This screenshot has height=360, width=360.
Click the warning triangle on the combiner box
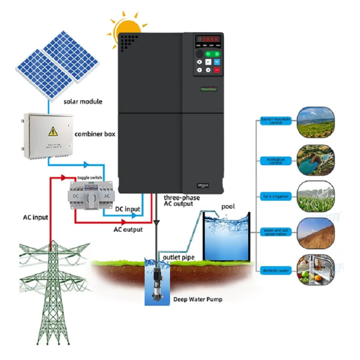53,131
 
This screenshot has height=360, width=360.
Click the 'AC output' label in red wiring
128,229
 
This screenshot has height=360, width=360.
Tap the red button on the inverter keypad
217,70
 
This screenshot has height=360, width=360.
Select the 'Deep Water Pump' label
198,299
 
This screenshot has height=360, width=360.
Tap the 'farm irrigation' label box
275,197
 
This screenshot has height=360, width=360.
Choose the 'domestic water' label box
275,270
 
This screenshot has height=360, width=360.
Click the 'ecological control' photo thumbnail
316,159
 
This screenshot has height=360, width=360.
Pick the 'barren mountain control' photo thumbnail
316,122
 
